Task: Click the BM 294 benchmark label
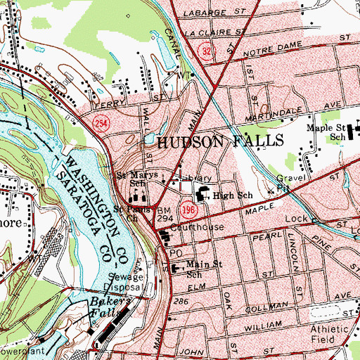[x=165, y=216]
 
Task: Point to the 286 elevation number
[x=184, y=300]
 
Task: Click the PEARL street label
[x=262, y=239]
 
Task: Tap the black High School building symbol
[x=201, y=195]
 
